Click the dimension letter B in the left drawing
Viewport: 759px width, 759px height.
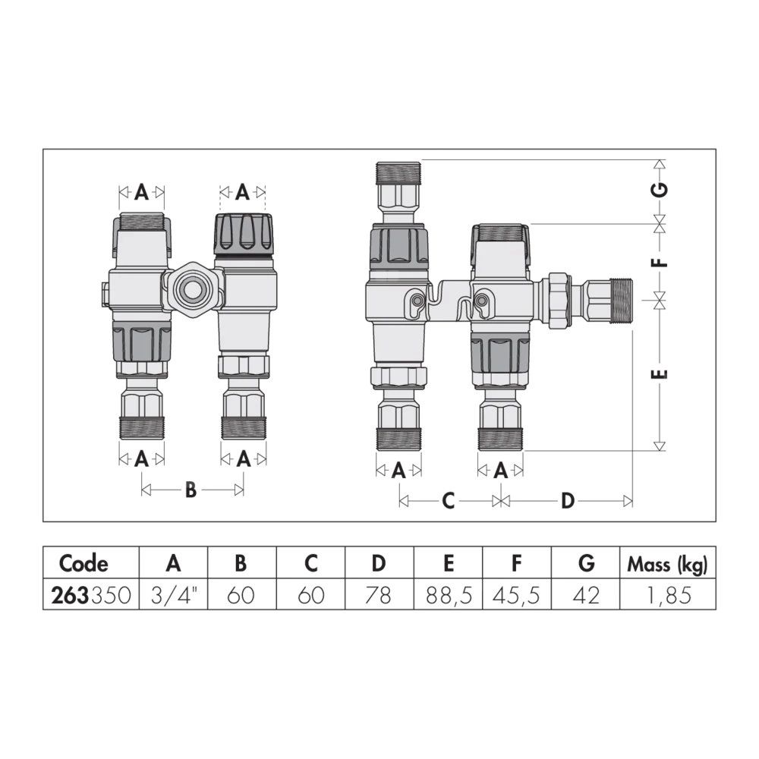coord(191,490)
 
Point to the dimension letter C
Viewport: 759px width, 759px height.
coord(449,500)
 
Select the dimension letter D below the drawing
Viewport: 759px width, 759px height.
coord(567,500)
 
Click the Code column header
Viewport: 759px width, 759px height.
coord(83,563)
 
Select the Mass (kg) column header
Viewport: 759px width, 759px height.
coord(667,565)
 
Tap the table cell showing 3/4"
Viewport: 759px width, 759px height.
coord(174,595)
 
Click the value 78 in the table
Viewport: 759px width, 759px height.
coord(378,595)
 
